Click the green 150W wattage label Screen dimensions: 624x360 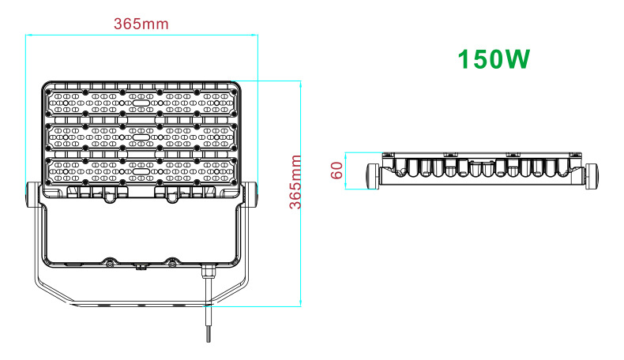coord(494,59)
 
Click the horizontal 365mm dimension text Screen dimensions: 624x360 coord(141,24)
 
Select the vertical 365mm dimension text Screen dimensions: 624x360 coord(295,182)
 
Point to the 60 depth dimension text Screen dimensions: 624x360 coord(336,171)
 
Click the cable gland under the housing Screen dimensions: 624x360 coord(206,272)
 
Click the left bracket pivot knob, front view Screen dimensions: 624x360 coord(32,194)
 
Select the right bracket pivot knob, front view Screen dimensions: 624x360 coord(250,194)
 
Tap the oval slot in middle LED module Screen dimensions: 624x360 coord(141,137)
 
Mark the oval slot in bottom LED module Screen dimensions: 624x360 coord(141,171)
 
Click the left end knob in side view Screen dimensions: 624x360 coord(373,176)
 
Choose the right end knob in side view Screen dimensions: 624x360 coord(592,176)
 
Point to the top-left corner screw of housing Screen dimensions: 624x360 coord(48,92)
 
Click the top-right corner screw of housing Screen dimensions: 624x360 coord(234,92)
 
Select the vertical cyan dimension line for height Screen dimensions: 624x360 coord(300,193)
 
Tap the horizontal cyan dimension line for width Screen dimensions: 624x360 coord(141,35)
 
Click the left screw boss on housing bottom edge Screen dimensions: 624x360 coord(109,262)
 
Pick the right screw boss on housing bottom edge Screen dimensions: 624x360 coord(171,262)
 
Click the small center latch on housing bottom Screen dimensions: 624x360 coord(140,267)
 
